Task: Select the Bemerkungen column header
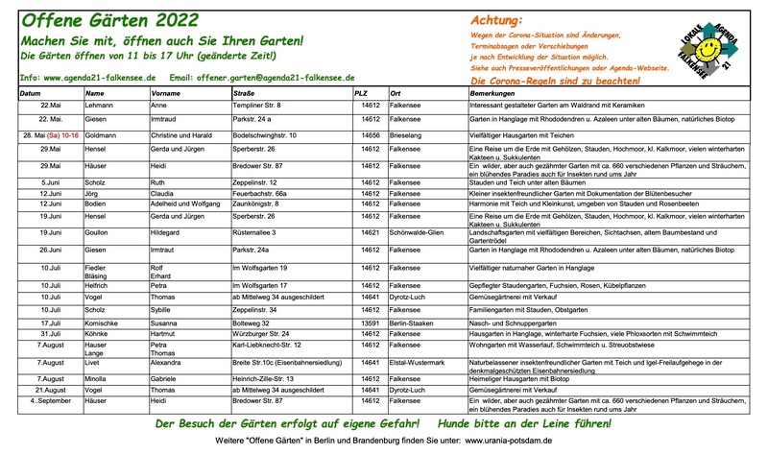coord(494,93)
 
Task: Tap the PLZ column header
coord(361,93)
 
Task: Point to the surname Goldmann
coord(102,136)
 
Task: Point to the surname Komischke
coord(107,325)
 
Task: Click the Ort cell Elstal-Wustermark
coord(420,365)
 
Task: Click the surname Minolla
coord(101,379)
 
